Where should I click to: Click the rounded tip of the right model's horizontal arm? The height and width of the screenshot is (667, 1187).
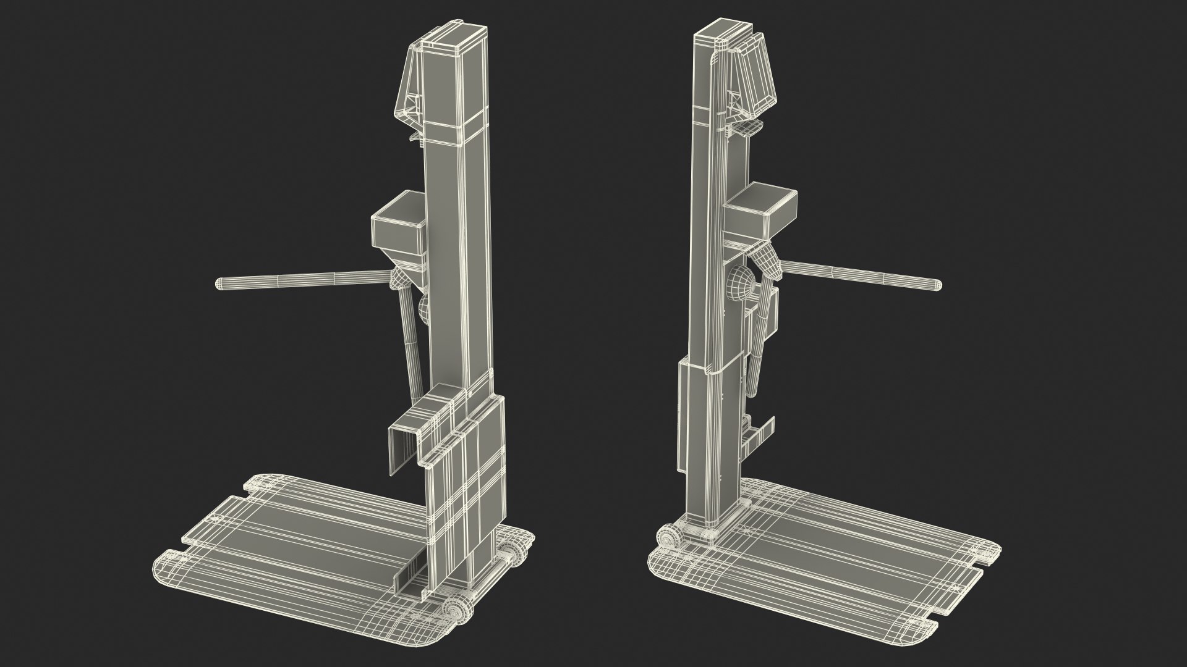937,285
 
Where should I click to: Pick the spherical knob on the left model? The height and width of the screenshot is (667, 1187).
425,309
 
